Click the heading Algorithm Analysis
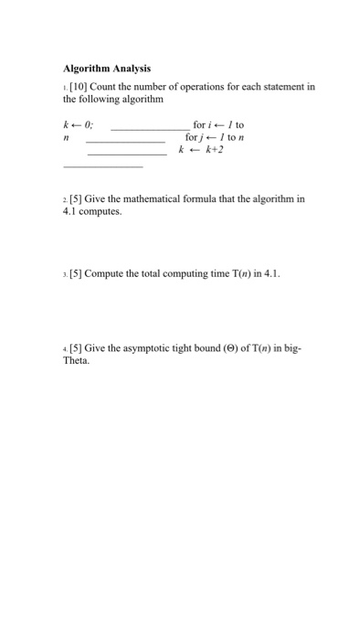point(106,69)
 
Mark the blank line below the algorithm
point(102,165)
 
